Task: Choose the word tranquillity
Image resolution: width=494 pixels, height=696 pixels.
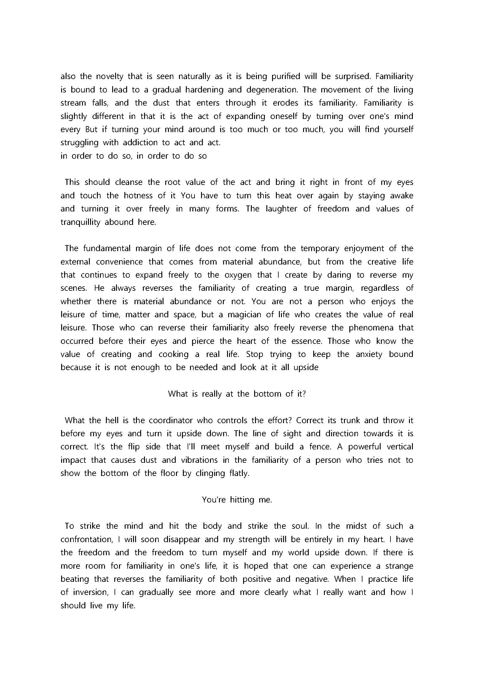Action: click(x=80, y=222)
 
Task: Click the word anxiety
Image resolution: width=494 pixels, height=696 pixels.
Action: click(x=369, y=354)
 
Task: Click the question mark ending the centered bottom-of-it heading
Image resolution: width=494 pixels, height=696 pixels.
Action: click(x=304, y=394)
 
